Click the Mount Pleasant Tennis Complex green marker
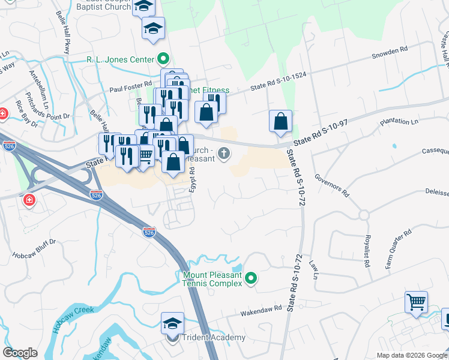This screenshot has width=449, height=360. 252,278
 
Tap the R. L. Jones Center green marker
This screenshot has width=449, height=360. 162,59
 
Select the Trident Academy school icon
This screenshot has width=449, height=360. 172,324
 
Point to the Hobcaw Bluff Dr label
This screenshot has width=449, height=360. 34,247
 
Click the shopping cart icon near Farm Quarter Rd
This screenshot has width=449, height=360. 416,302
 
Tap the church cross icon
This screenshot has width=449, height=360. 224,153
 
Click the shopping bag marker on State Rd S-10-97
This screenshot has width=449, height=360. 280,122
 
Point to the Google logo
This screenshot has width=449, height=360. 20,353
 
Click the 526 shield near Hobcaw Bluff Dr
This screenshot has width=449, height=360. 150,231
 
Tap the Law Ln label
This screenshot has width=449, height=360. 313,269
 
